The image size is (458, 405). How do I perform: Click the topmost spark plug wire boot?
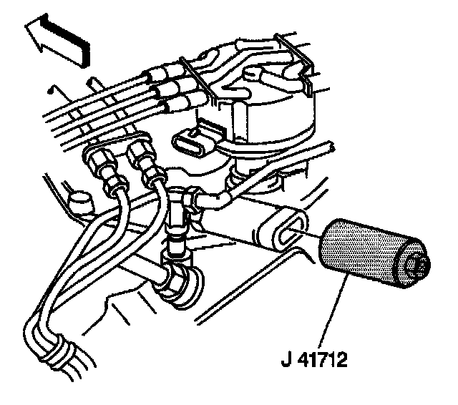[161, 73]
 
